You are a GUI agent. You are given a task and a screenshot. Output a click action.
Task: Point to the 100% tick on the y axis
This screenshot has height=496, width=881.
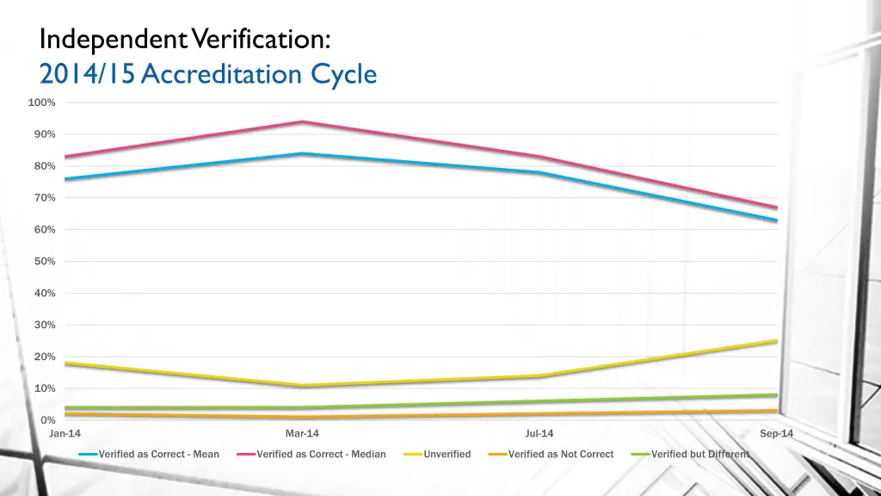(x=41, y=102)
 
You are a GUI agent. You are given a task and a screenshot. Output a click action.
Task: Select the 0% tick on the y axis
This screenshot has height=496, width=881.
(x=48, y=420)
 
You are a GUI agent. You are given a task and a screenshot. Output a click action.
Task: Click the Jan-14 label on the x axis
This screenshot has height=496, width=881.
(x=65, y=434)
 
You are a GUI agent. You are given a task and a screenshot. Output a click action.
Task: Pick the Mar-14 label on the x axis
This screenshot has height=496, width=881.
(x=302, y=434)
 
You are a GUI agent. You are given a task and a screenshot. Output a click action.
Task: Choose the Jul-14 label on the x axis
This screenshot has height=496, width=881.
(x=539, y=434)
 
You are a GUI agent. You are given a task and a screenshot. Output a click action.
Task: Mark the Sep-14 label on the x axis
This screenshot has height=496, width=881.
(x=776, y=434)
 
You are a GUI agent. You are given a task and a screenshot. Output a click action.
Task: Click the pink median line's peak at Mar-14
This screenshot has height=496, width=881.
(x=302, y=121)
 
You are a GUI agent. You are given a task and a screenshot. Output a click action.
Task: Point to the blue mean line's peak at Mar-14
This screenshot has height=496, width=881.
(x=302, y=153)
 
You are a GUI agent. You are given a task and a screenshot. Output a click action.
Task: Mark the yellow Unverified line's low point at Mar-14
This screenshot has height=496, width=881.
(x=302, y=386)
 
